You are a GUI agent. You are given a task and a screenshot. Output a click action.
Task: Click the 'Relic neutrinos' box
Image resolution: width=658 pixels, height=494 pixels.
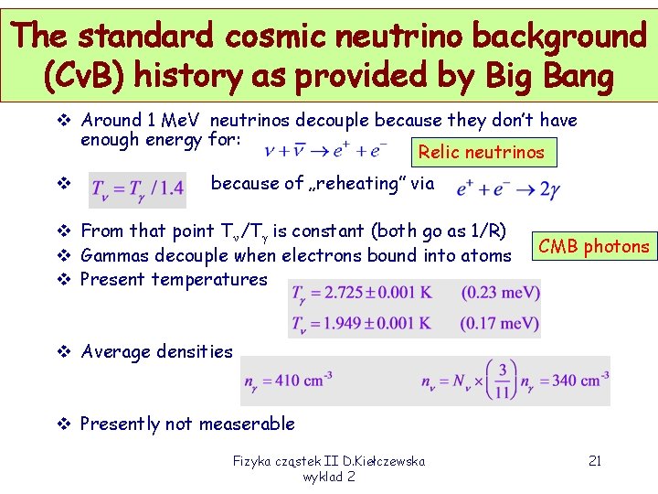pyautogui.click(x=481, y=152)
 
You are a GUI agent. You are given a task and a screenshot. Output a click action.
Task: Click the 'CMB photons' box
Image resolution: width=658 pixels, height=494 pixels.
pyautogui.click(x=593, y=246)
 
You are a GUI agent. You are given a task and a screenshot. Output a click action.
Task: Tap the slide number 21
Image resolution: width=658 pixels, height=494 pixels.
pyautogui.click(x=593, y=461)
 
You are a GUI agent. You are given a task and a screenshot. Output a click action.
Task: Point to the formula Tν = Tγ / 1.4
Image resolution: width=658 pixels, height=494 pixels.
pyautogui.click(x=138, y=189)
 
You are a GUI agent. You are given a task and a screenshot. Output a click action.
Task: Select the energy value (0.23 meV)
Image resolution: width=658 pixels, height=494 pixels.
pyautogui.click(x=500, y=294)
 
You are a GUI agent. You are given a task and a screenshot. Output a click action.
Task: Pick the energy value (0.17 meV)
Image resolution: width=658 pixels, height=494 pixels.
pyautogui.click(x=500, y=323)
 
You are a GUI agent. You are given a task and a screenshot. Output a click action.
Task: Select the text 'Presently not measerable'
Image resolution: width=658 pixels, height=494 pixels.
pyautogui.click(x=187, y=424)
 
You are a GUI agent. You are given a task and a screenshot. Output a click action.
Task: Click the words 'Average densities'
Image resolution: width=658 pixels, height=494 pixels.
pyautogui.click(x=156, y=351)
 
